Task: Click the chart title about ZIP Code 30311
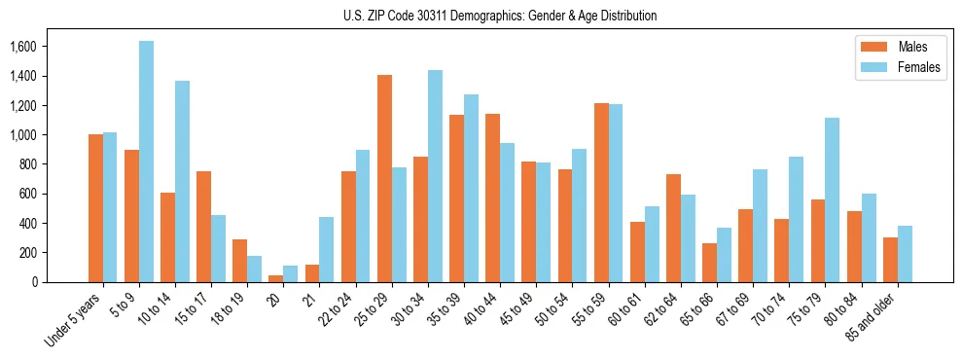[500, 16]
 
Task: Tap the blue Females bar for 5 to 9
[146, 162]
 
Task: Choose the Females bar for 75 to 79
[832, 199]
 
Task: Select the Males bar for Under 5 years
[95, 208]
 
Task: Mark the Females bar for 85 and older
[905, 254]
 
